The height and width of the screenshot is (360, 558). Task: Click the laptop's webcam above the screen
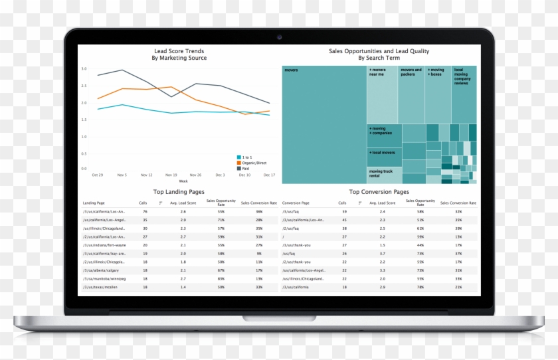(279, 37)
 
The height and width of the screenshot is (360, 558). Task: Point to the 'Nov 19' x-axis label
(171, 175)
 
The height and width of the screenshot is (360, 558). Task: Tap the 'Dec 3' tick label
(221, 175)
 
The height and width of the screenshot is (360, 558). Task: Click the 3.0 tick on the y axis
(84, 68)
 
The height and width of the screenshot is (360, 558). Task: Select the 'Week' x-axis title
(183, 181)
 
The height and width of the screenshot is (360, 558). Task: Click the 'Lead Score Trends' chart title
(179, 51)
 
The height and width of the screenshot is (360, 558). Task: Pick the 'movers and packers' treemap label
(411, 72)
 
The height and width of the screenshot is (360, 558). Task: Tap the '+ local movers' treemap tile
(383, 153)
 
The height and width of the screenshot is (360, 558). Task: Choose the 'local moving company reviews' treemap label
(462, 76)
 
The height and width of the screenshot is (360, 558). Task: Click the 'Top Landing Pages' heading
(179, 191)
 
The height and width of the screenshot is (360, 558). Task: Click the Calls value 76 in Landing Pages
(145, 211)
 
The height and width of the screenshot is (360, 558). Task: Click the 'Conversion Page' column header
(296, 203)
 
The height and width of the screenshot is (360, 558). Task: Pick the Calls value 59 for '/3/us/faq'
(344, 211)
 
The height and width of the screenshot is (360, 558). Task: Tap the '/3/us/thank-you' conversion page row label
(296, 245)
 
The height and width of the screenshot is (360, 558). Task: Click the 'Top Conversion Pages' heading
(379, 191)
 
